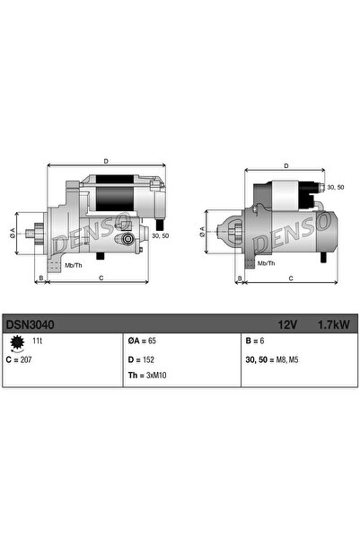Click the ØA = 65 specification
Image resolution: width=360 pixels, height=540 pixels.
pos(144,342)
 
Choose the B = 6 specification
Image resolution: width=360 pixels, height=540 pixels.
pos(256,342)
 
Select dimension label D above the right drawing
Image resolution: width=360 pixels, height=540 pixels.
pos(285,166)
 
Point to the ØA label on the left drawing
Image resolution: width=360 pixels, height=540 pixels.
pos(13,233)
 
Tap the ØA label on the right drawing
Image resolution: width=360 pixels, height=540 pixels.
pos(202,231)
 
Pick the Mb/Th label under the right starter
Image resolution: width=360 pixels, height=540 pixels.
pos(267,263)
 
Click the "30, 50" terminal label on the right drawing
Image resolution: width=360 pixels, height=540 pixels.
pos(335,187)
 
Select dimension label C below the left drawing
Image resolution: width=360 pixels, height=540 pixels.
pos(101,279)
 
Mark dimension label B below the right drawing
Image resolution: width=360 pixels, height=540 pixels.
pos(239,279)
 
